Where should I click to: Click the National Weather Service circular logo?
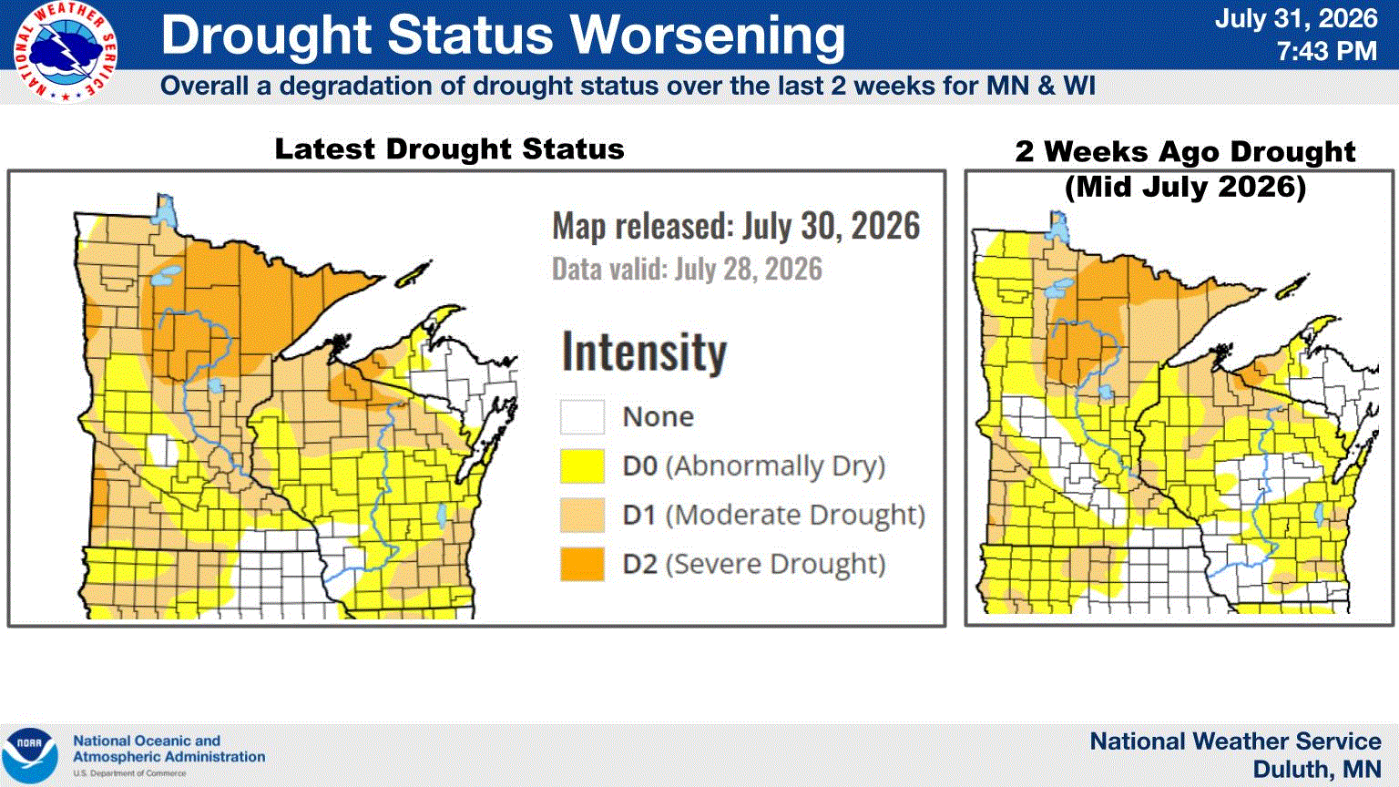(65, 51)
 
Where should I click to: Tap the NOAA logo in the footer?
(30, 755)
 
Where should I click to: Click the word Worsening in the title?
(708, 35)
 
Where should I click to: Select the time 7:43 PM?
(1326, 51)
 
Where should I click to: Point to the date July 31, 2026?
(1296, 17)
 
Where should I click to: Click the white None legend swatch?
(582, 416)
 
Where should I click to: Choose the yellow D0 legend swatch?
(582, 466)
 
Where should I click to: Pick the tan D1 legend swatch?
(582, 515)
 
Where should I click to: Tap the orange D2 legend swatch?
(582, 564)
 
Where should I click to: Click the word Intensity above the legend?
(645, 352)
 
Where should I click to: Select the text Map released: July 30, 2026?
(736, 226)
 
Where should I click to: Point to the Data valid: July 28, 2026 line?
(687, 270)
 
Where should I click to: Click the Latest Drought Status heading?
(450, 149)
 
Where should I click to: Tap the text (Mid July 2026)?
(1185, 187)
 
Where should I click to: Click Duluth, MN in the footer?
(1317, 770)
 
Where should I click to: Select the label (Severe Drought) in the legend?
(776, 564)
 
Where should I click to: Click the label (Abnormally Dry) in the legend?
(776, 466)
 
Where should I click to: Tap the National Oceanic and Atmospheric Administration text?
(168, 749)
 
